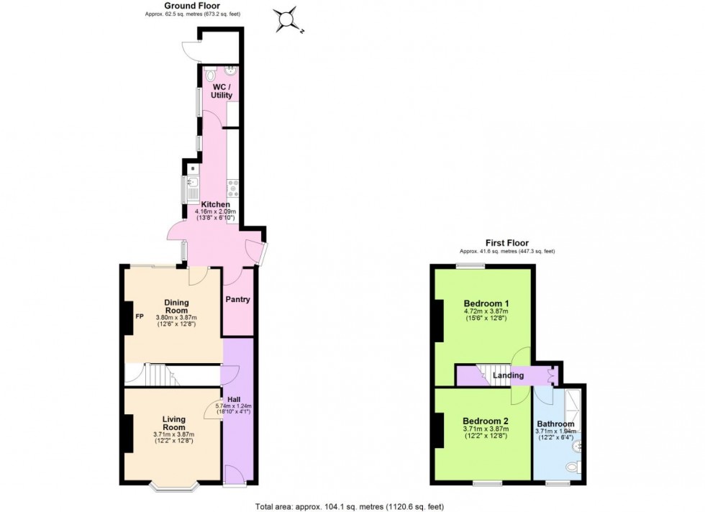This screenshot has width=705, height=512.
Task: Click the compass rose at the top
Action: [x=286, y=20]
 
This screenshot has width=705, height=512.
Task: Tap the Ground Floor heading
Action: [x=171, y=5]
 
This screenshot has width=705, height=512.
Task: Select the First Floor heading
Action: [x=507, y=243]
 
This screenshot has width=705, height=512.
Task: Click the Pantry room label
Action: [x=237, y=299]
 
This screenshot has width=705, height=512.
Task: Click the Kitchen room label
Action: [x=215, y=204]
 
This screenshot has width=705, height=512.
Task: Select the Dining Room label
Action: [x=176, y=306]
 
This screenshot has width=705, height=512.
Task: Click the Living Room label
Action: [x=173, y=423]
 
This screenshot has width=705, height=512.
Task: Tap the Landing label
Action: [x=508, y=375]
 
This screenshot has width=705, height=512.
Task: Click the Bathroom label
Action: [x=555, y=424]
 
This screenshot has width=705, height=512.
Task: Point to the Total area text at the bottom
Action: [x=352, y=506]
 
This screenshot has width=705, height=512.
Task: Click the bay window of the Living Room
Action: [x=175, y=490]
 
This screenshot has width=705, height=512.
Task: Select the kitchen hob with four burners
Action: [x=233, y=188]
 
